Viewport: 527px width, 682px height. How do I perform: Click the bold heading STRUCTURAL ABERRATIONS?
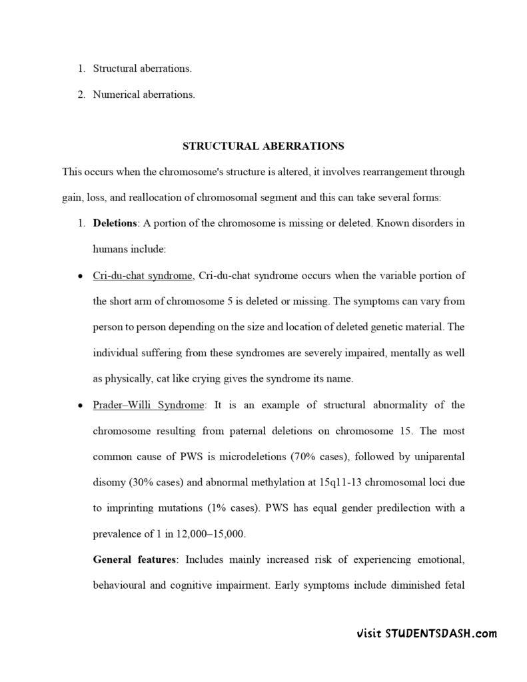pos(263,146)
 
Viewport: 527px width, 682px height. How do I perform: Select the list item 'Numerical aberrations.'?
pos(144,95)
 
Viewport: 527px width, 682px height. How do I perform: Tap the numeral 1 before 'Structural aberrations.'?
pos(80,69)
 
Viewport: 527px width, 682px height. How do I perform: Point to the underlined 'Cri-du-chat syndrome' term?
pos(143,276)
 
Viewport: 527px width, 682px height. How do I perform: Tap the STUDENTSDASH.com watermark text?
pos(426,633)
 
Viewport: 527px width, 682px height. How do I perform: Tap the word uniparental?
pos(436,457)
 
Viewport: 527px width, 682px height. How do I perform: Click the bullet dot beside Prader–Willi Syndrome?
pos(80,406)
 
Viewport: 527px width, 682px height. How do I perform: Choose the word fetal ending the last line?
pos(452,586)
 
